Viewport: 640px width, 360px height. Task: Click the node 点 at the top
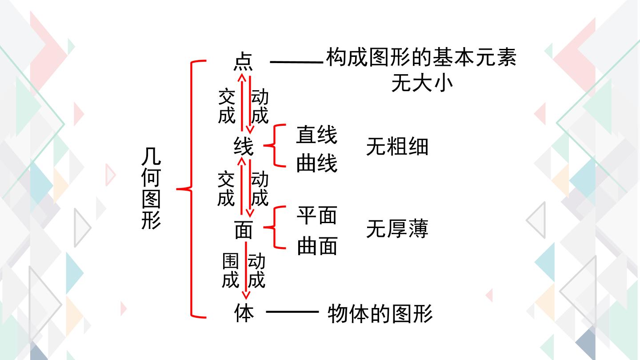(243, 61)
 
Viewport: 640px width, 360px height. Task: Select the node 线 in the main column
(244, 146)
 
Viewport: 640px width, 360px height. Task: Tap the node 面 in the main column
(244, 230)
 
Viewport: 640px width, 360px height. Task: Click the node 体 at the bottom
(244, 312)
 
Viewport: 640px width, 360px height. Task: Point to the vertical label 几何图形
(151, 188)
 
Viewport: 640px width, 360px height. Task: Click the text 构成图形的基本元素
(421, 57)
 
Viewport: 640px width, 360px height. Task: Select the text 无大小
(422, 83)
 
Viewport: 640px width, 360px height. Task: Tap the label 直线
(316, 135)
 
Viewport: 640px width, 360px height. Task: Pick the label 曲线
(317, 163)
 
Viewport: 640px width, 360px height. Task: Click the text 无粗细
(397, 146)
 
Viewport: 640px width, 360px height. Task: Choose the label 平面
(317, 215)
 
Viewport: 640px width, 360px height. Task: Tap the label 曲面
(317, 246)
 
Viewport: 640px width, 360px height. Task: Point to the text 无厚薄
(397, 228)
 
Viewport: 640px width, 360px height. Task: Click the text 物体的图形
(380, 313)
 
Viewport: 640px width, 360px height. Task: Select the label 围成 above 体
(230, 270)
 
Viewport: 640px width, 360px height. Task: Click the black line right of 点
(296, 62)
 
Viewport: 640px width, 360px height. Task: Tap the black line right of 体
(292, 312)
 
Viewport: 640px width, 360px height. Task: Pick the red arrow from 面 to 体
(246, 270)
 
